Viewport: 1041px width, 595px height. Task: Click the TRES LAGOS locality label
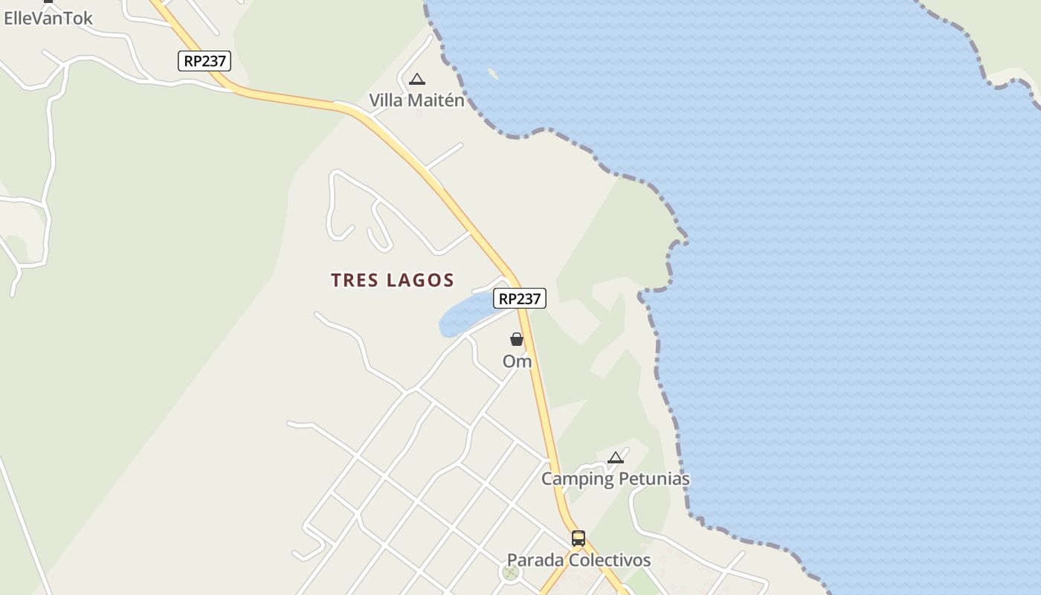(x=392, y=280)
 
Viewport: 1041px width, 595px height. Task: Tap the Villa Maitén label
(x=416, y=100)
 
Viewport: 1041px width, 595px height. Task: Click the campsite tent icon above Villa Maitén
(x=417, y=79)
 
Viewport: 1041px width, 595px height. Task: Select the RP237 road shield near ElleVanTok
(x=204, y=61)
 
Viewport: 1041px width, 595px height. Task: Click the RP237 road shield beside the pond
(x=519, y=298)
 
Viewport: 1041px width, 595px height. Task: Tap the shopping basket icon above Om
(x=517, y=339)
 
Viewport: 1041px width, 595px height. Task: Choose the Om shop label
(x=517, y=361)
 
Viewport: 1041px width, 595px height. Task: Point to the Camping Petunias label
(x=615, y=479)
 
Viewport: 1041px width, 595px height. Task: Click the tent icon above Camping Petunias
(x=615, y=457)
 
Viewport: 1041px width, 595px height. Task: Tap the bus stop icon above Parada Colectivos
(x=578, y=538)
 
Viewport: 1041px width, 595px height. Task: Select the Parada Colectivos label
(x=578, y=560)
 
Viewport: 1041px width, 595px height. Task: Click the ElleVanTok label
(x=48, y=19)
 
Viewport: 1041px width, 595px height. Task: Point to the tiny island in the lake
(x=492, y=74)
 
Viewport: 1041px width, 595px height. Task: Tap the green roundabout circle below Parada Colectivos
(x=509, y=572)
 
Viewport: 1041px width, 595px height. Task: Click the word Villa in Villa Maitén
(x=385, y=100)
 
